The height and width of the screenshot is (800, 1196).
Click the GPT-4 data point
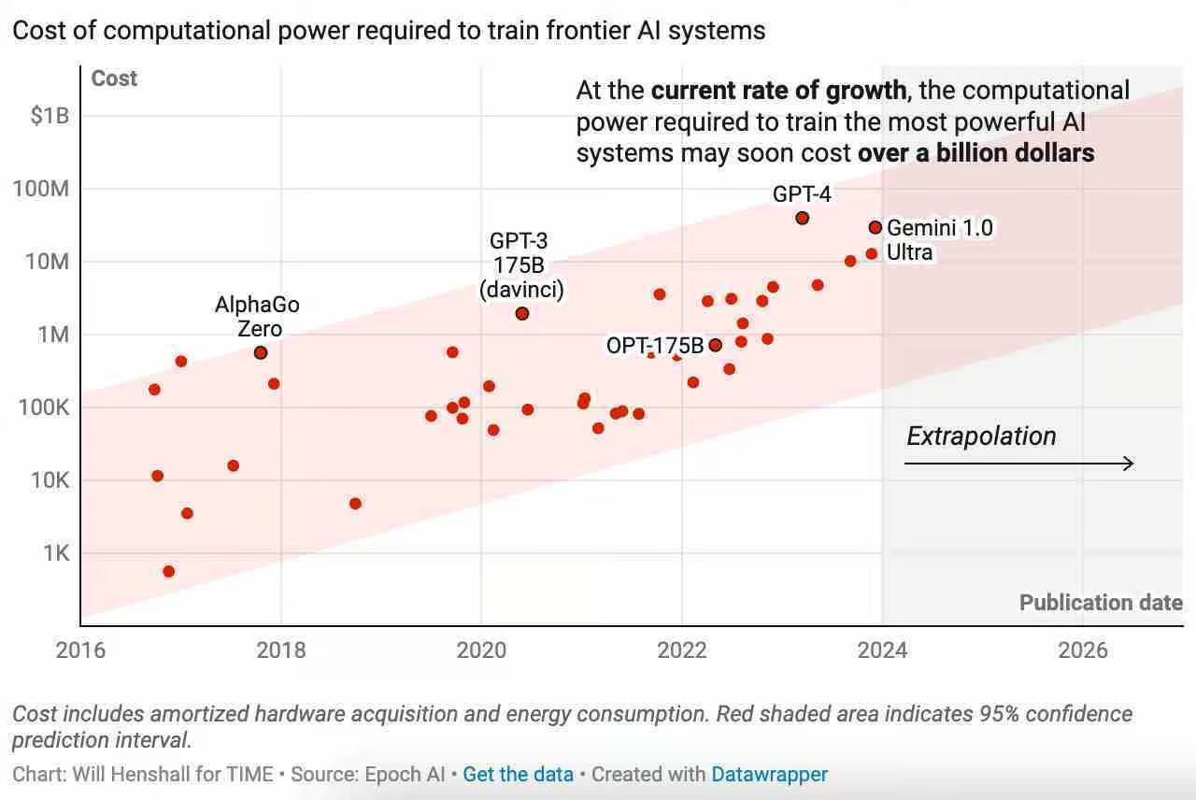pyautogui.click(x=802, y=218)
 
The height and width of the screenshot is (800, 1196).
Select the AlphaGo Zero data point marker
pyautogui.click(x=261, y=352)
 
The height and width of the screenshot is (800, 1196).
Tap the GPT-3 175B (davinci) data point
pyautogui.click(x=522, y=314)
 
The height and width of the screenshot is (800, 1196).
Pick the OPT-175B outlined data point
pyautogui.click(x=716, y=345)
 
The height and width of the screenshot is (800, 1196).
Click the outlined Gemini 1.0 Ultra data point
pyautogui.click(x=876, y=227)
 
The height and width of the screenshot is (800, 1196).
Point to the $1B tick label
pyautogui.click(x=50, y=116)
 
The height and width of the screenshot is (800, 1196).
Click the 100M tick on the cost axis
pyautogui.click(x=43, y=189)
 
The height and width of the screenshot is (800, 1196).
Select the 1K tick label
pyautogui.click(x=55, y=553)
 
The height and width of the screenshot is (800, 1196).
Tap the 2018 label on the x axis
pyautogui.click(x=280, y=650)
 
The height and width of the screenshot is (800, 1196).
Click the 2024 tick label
pyautogui.click(x=882, y=650)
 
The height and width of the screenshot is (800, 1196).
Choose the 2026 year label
pyautogui.click(x=1083, y=650)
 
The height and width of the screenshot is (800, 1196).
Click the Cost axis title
pyautogui.click(x=114, y=79)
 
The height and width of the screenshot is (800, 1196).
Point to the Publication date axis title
pyautogui.click(x=1101, y=603)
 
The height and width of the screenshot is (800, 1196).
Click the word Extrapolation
pyautogui.click(x=981, y=436)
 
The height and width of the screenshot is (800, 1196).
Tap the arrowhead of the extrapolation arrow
pyautogui.click(x=1130, y=464)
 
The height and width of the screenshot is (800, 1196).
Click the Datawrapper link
pyautogui.click(x=769, y=775)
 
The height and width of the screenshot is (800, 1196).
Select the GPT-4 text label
pyautogui.click(x=802, y=194)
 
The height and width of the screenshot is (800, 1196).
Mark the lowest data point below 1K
pyautogui.click(x=168, y=571)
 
